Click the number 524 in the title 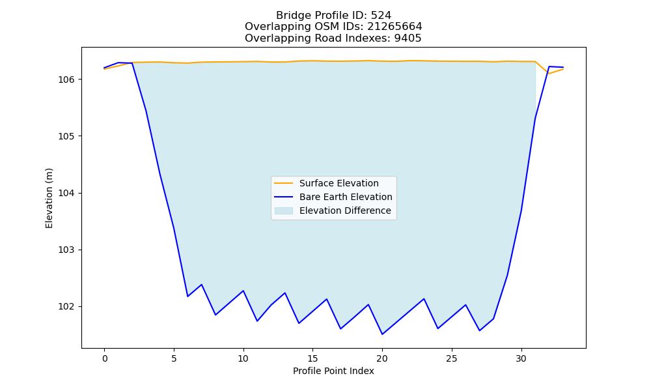pyautogui.click(x=381, y=16)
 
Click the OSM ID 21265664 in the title pyautogui.click(x=395, y=27)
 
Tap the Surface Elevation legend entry pyautogui.click(x=326, y=183)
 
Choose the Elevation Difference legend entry pyautogui.click(x=333, y=210)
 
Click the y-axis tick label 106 pyautogui.click(x=65, y=80)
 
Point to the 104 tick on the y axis pyautogui.click(x=65, y=193)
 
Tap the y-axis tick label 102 pyautogui.click(x=65, y=307)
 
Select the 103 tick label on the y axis pyautogui.click(x=65, y=250)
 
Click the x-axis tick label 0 pyautogui.click(x=105, y=358)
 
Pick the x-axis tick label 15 pyautogui.click(x=312, y=358)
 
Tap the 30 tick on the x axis pyautogui.click(x=521, y=358)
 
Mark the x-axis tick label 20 pyautogui.click(x=382, y=358)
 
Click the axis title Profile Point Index pyautogui.click(x=333, y=371)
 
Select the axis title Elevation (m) pyautogui.click(x=49, y=198)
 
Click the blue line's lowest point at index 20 pyautogui.click(x=382, y=334)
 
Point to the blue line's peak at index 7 pyautogui.click(x=202, y=285)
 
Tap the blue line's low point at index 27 pyautogui.click(x=480, y=330)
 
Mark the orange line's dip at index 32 pyautogui.click(x=549, y=74)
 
